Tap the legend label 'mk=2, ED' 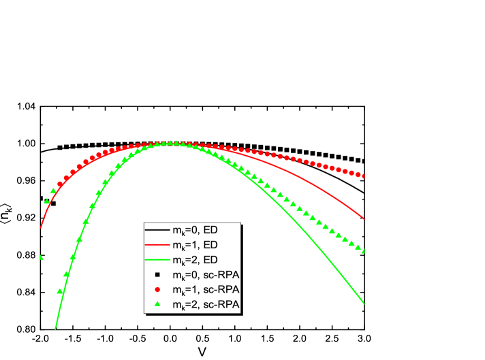[x=194, y=260]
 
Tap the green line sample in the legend [x=157, y=260]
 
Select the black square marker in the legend [x=157, y=275]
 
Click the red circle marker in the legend [x=157, y=289]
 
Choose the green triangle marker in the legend [x=157, y=304]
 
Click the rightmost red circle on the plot [x=364, y=176]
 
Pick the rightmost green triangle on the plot [x=364, y=251]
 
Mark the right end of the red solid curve [x=365, y=219]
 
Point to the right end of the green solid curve [x=365, y=304]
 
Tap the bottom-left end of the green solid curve [x=55, y=329]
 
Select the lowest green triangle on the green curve [x=60, y=291]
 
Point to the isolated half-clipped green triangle [x=42, y=257]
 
